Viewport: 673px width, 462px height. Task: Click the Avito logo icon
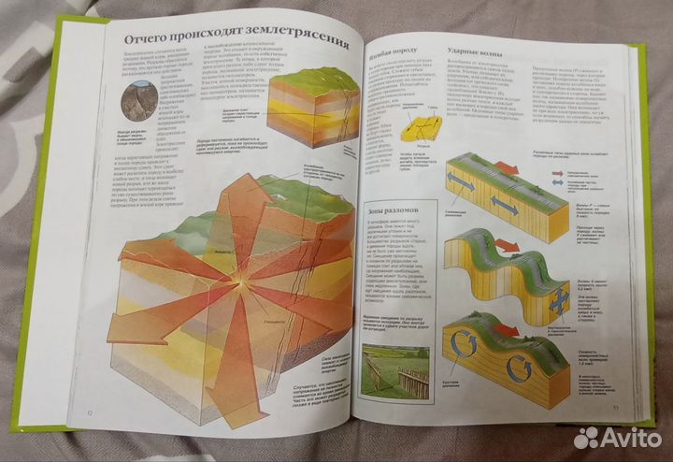click(586, 438)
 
